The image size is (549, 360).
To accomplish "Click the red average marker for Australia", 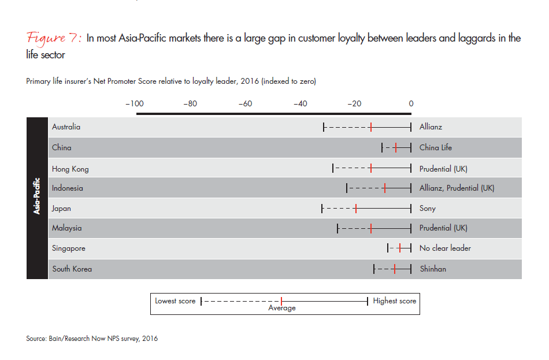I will pos(370,127).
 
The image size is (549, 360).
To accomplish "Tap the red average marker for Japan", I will pos(356,208).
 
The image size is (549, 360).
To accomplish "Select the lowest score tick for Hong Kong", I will pos(333,169).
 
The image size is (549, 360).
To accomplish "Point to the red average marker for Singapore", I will pos(399,248).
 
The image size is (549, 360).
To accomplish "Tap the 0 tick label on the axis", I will pos(411,104).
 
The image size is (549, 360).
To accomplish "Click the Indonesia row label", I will pos(67,188).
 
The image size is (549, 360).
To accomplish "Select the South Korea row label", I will pos(72,269).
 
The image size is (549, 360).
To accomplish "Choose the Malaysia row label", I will pos(66,228).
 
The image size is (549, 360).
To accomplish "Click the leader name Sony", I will pos(428,208).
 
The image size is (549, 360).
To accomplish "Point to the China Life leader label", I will pos(436,147).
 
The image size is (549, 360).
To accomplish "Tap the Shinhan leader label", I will pos(432,269).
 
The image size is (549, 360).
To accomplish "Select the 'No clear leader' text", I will pos(445,248).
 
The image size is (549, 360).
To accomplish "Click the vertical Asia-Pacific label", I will pos(37,198).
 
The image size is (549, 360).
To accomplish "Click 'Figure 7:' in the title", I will pos(54,39).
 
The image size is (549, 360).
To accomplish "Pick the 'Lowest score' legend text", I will pos(175,301).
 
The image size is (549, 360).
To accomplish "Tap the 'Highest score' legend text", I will pos(394,301).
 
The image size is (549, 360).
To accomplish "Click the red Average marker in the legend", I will pos(281,301).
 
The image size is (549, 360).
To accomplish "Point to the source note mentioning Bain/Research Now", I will pos(92,339).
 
